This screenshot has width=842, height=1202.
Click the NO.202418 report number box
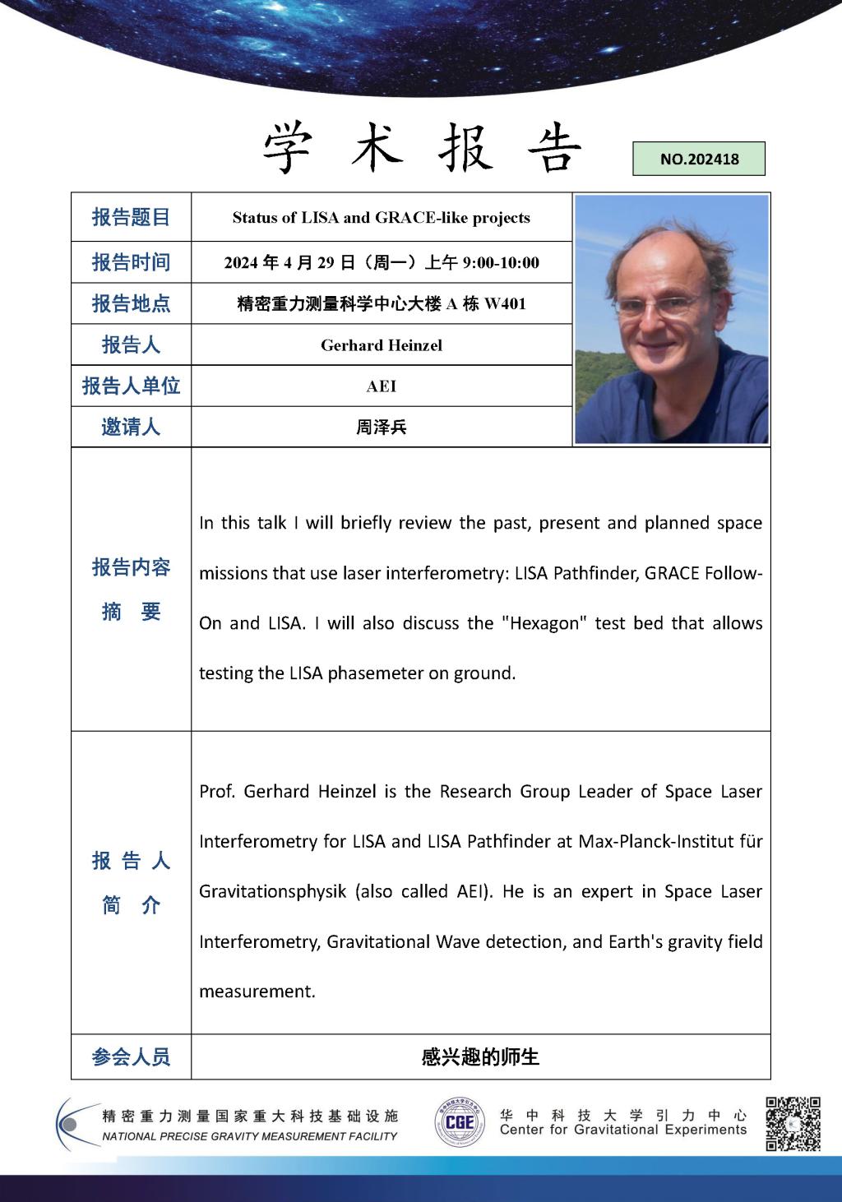click(x=699, y=159)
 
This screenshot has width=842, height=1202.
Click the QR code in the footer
click(x=793, y=1123)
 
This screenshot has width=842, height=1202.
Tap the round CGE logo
click(x=459, y=1122)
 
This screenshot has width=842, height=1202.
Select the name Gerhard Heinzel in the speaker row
click(x=382, y=345)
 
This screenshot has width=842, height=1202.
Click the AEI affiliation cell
click(x=382, y=386)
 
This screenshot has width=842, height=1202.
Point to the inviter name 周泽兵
click(x=382, y=428)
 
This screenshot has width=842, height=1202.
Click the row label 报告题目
click(x=131, y=218)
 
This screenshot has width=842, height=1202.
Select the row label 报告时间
click(x=131, y=262)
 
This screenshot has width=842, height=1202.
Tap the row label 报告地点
click(x=131, y=303)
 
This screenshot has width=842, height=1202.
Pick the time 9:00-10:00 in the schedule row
click(x=501, y=263)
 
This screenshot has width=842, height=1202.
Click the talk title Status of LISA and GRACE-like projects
click(x=381, y=218)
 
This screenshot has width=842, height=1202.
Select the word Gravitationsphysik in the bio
click(x=273, y=892)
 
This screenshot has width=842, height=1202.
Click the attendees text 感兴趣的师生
click(x=480, y=1057)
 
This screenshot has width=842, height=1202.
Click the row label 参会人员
click(x=131, y=1057)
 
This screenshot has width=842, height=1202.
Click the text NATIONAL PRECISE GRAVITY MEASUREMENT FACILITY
click(x=249, y=1136)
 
